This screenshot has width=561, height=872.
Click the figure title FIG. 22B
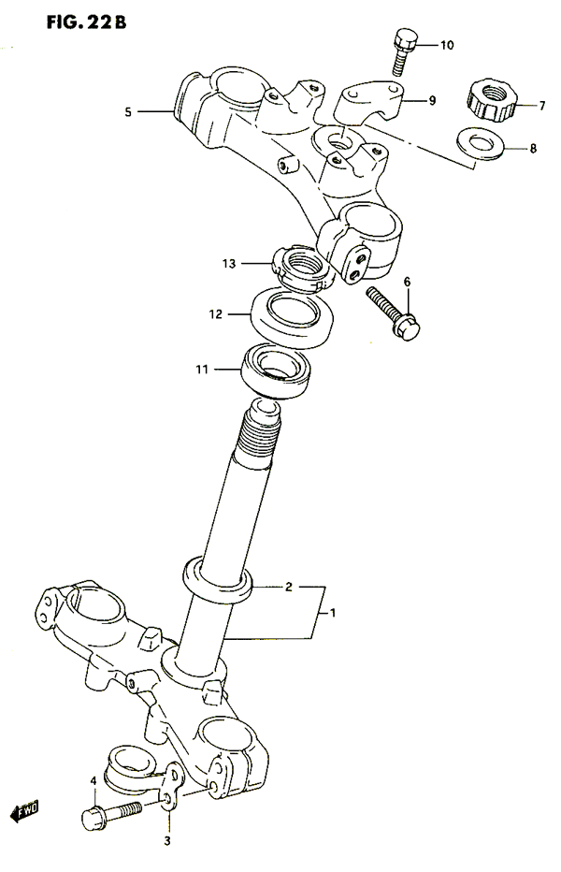86,22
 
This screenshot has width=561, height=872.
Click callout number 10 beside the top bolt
447,45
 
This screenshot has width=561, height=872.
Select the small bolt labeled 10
404,51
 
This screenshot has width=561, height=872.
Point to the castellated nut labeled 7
493,101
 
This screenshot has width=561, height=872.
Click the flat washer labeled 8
481,144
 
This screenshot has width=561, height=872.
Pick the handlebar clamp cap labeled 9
369,102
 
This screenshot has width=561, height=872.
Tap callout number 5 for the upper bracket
128,112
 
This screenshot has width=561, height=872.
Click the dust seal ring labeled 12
293,317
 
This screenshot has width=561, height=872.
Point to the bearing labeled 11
275,371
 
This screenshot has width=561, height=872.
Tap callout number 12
216,314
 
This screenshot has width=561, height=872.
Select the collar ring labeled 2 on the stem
218,581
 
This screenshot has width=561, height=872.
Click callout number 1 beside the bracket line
333,614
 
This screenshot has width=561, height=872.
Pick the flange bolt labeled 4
111,815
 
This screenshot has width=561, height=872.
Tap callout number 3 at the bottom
166,842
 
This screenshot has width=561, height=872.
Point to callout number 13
229,264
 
